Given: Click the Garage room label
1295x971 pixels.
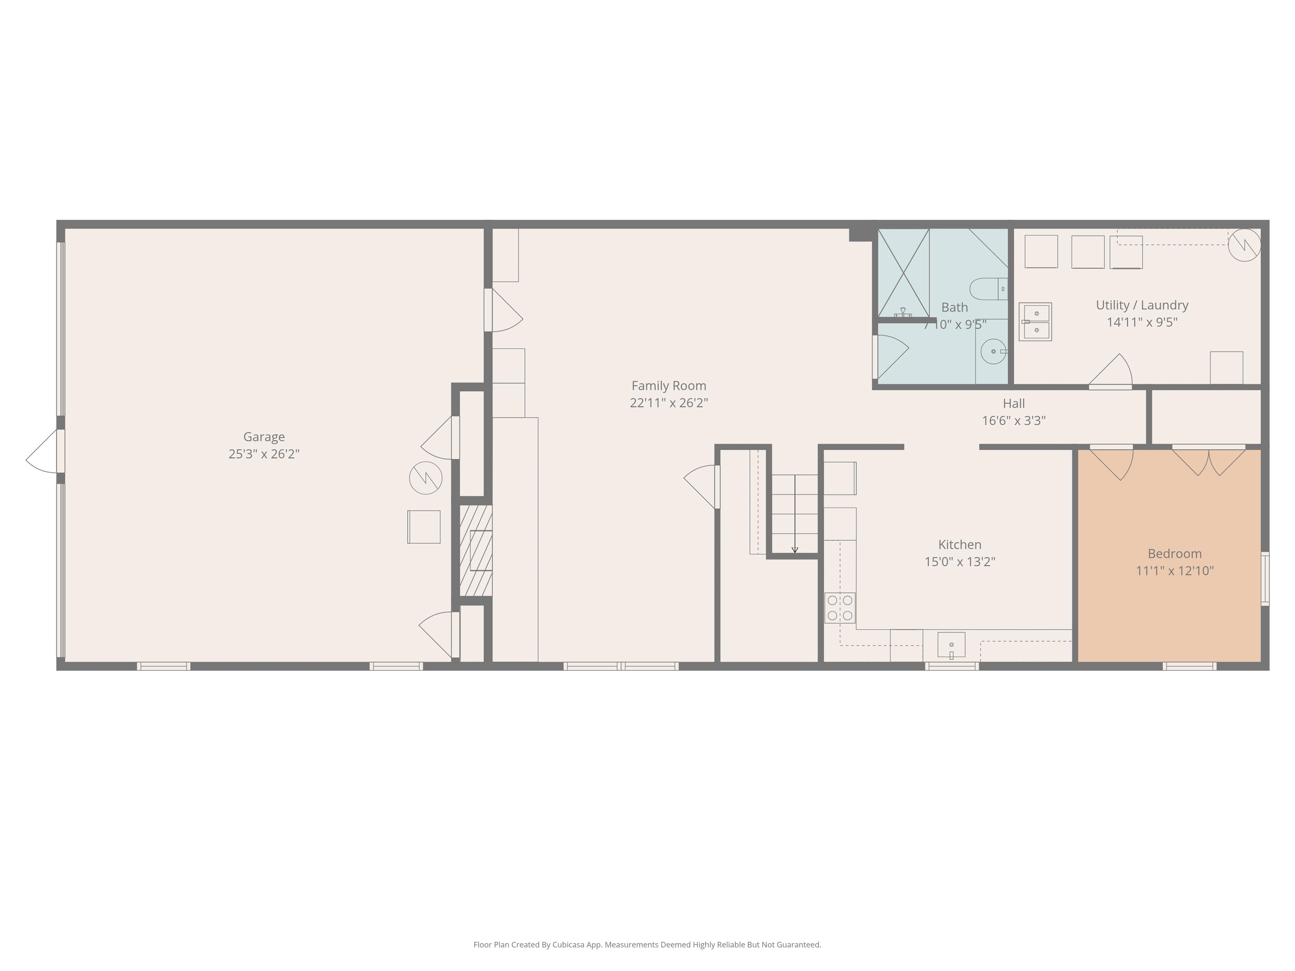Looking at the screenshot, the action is click(x=264, y=437).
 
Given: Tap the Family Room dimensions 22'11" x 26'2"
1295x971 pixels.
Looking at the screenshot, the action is click(x=669, y=402).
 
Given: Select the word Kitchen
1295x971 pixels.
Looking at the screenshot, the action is click(x=959, y=545).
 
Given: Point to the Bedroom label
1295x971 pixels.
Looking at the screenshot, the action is click(x=1174, y=554).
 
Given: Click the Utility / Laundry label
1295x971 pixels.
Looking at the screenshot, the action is click(x=1142, y=305).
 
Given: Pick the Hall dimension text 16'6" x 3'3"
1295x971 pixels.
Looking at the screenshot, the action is click(x=1013, y=420).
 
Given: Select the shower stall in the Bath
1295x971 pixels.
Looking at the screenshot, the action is click(x=903, y=273).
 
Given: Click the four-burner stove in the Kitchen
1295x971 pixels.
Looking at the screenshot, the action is click(x=840, y=608).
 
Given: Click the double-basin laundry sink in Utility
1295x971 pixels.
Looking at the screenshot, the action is click(x=1035, y=321).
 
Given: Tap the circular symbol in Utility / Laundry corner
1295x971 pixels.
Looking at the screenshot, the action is click(x=1244, y=245).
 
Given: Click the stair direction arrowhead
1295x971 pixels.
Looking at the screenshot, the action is click(x=795, y=550).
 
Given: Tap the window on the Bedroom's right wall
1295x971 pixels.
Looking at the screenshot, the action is click(x=1265, y=579).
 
